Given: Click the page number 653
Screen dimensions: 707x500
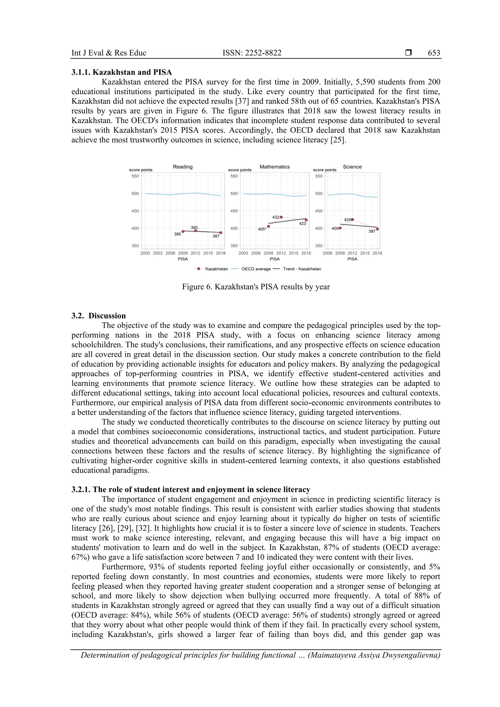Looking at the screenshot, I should pos(434,53).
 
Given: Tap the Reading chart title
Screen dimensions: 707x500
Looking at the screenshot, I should pos(183,167).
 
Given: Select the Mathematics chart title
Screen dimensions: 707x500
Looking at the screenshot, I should pos(274,167).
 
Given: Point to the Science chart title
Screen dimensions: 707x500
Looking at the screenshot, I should pos(352,167).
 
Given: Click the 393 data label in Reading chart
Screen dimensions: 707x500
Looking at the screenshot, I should pos(194,227).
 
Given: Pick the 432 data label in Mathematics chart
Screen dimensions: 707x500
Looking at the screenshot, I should pos(275,217).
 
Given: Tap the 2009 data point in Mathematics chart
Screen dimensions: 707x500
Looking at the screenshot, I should pos(268,226).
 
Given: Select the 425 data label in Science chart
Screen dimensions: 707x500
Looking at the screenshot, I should pos(347,220).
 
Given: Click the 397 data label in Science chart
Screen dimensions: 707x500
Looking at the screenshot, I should pos(372,231).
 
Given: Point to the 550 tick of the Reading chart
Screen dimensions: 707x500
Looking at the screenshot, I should pos(135,176).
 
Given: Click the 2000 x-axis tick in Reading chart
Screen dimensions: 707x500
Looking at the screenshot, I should pos(145,253).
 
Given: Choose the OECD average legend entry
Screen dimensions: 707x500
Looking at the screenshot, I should pos(256,269).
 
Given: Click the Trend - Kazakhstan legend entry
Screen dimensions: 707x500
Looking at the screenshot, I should pos(302,269).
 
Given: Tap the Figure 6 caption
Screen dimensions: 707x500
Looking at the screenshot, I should pos(256,287).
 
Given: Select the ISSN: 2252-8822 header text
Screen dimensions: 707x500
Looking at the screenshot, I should pos(252,53).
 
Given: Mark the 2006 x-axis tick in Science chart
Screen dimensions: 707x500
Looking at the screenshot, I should pos(327,253).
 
